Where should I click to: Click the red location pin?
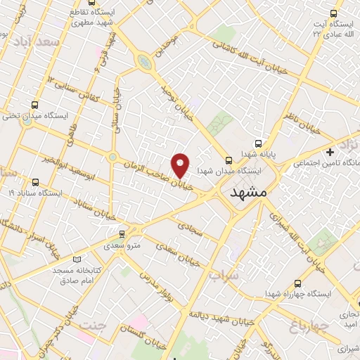(181, 165)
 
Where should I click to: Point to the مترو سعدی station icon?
(123, 233)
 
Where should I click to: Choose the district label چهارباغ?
(309, 325)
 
